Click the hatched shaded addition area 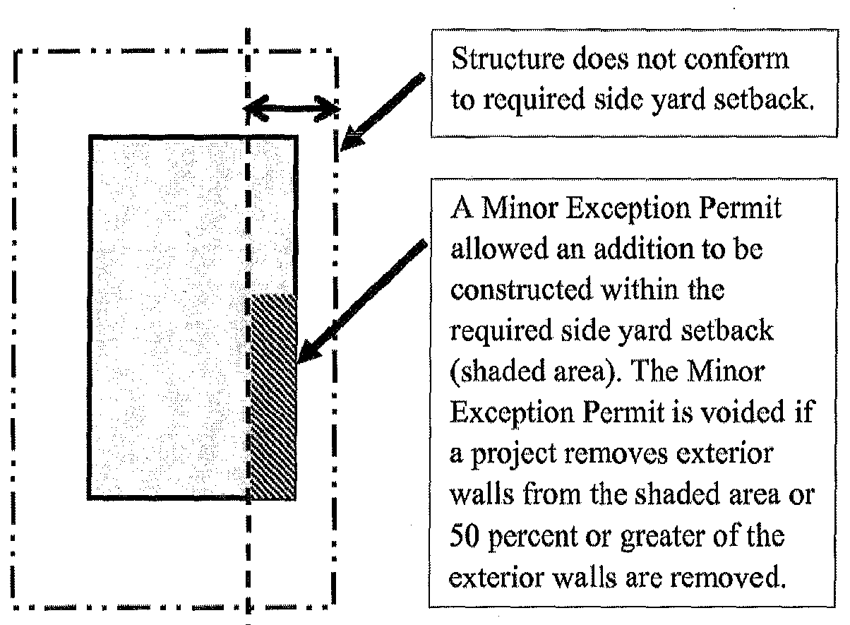pyautogui.click(x=274, y=395)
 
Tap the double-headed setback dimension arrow pyautogui.click(x=291, y=108)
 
